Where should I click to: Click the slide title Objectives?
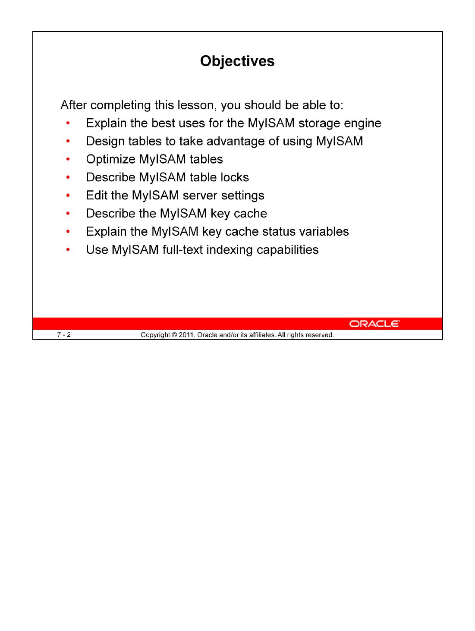point(237,61)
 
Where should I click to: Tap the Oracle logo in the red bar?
point(374,324)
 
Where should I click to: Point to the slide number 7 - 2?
point(64,334)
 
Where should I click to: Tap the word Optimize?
point(110,160)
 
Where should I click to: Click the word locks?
point(234,177)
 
